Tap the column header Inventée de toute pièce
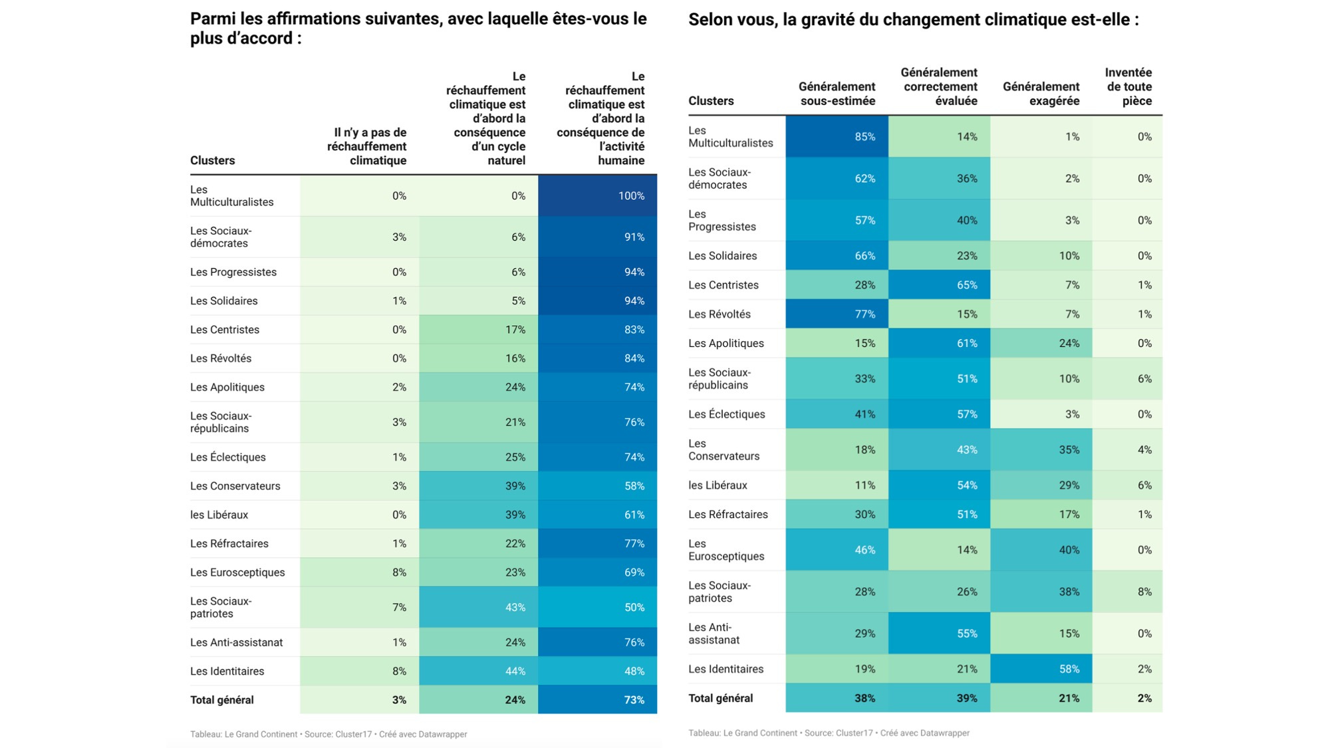tap(1128, 86)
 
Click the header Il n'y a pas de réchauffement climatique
tap(366, 146)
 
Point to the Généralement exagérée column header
tap(1041, 94)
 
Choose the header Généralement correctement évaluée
tap(939, 86)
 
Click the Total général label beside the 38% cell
tap(720, 698)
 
